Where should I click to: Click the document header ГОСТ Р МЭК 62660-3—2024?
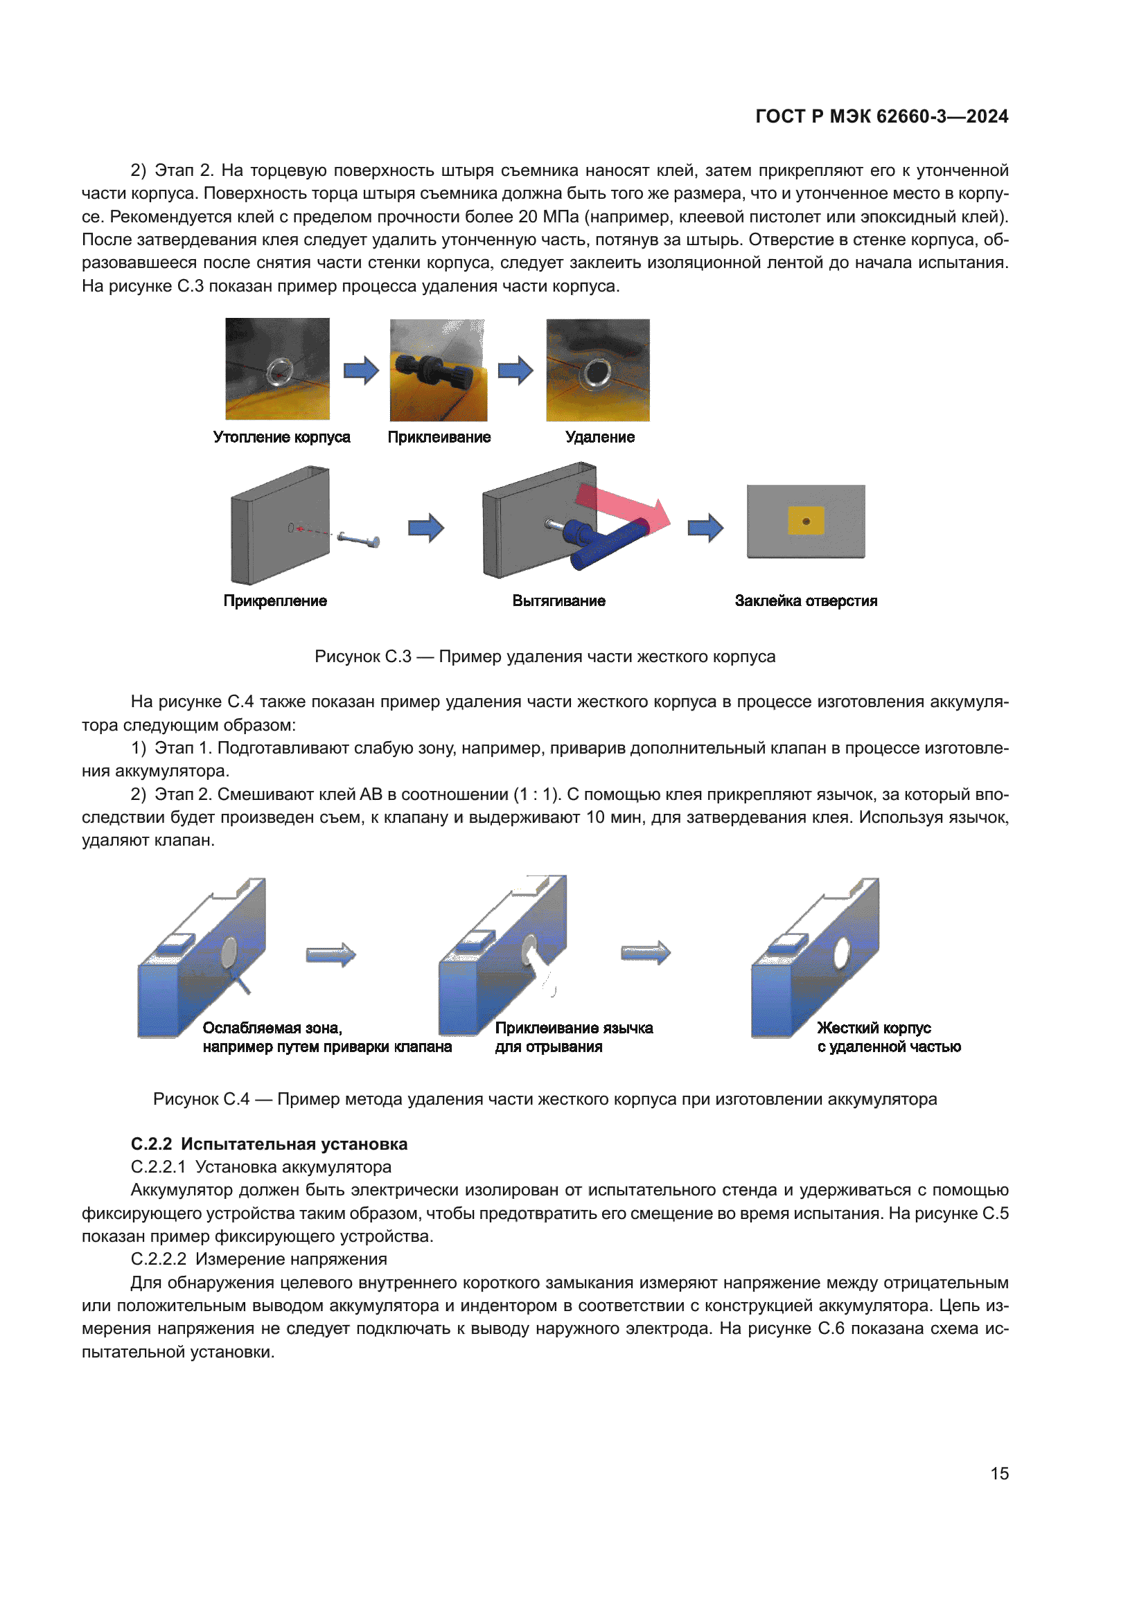(x=881, y=116)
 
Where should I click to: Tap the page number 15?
(x=998, y=1473)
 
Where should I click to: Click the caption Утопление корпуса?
(x=281, y=438)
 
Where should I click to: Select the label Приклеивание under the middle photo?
(x=439, y=438)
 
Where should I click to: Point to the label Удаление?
(x=600, y=438)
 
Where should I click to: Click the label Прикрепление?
(x=275, y=601)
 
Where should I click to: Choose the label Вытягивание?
(x=558, y=601)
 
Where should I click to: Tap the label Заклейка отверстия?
(x=806, y=601)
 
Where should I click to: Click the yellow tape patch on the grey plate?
(x=806, y=521)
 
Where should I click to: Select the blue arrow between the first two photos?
(x=361, y=370)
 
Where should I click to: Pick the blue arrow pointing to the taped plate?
(x=705, y=527)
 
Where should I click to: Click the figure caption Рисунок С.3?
(x=545, y=657)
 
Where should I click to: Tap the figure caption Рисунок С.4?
(x=545, y=1099)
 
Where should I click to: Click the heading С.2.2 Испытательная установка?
(x=269, y=1144)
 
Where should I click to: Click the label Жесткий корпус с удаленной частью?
(x=888, y=1038)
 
